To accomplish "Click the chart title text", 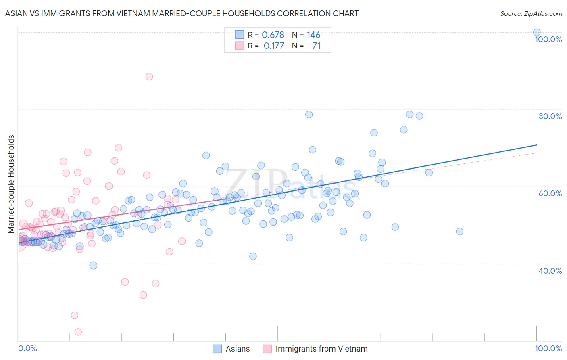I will pos(181,13).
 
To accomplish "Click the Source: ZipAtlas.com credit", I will pos(531,13).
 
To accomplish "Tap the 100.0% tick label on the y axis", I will pos(548,39).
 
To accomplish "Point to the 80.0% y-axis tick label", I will pos(550,116).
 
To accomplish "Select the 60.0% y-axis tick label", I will pos(550,193).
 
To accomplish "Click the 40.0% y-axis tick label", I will pos(550,271).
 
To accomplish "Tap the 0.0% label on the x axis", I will pos(27,348).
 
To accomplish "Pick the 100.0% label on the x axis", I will pos(548,348).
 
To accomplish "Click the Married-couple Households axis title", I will pos(11,184).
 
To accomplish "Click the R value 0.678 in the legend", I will pos(273,35).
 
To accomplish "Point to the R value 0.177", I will pos(274,46).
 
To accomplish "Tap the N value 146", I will pos(313,35).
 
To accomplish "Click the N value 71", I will pos(316,46).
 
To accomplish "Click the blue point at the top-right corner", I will pos(536,32).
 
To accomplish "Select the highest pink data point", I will pos(149,77).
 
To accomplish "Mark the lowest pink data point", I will pos(78,332).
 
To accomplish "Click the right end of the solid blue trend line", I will pos(536,144).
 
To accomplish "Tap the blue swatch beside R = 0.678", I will pos(240,35).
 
